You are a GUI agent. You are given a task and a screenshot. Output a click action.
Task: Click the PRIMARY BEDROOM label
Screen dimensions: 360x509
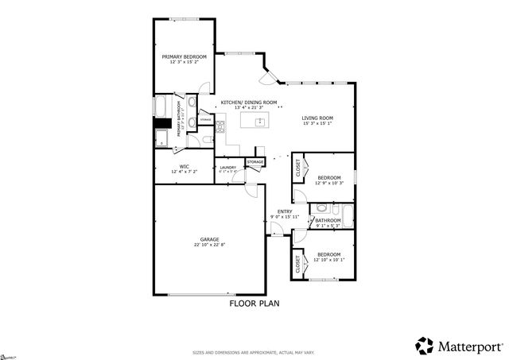[x=184, y=56]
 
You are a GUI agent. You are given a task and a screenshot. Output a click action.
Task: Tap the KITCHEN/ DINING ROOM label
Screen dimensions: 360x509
[x=249, y=103]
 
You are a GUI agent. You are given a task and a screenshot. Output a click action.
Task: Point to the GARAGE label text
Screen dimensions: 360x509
[x=210, y=239]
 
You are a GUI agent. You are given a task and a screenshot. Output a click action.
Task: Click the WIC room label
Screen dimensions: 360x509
[x=184, y=166]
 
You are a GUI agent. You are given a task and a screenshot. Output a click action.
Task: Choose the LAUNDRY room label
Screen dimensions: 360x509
[x=228, y=167]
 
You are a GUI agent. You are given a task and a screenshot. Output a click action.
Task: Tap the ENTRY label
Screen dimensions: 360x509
[x=285, y=211]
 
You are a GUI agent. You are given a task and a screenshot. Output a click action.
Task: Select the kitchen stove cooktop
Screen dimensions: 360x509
[x=220, y=125]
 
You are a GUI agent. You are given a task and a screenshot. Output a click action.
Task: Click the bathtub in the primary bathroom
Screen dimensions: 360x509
[x=160, y=106]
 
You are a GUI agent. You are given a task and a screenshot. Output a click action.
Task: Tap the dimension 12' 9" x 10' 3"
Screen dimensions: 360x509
[x=328, y=183]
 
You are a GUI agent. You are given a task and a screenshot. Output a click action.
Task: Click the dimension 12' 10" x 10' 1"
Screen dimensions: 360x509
[x=328, y=259]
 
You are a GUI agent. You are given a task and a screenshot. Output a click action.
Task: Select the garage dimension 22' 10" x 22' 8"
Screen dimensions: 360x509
[x=210, y=245]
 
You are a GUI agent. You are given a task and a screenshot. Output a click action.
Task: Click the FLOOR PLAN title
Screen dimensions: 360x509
[x=254, y=304]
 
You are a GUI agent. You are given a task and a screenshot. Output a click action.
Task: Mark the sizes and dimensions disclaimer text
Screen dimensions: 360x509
[x=254, y=352]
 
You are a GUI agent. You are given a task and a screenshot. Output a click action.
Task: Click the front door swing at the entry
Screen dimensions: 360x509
[x=276, y=230]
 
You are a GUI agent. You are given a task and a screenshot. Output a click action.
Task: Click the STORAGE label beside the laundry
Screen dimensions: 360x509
[x=254, y=162]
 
